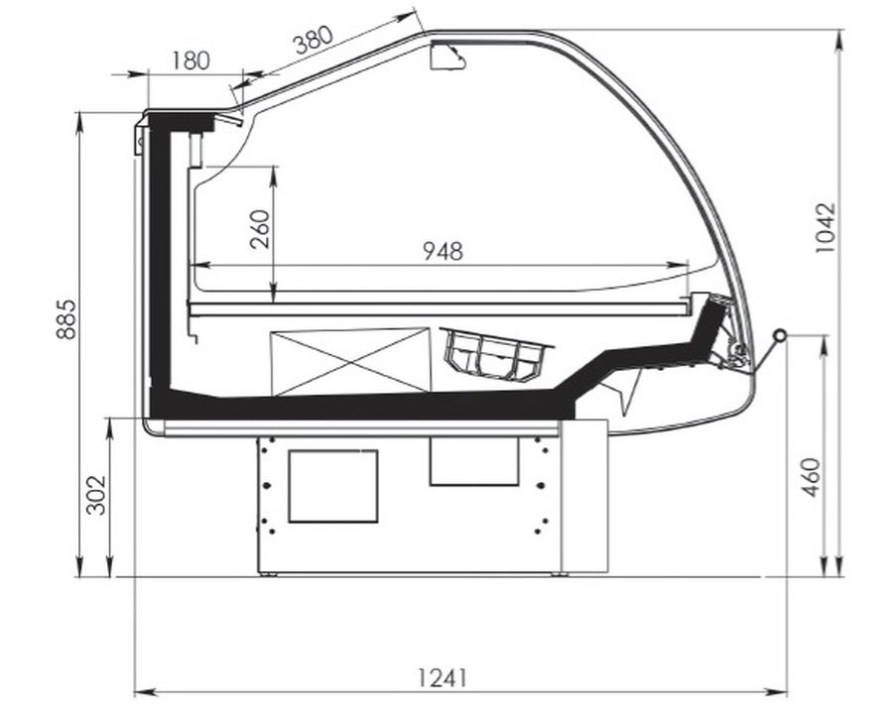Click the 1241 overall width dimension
click(x=443, y=678)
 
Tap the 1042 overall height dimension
click(x=825, y=228)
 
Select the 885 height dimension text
click(x=66, y=319)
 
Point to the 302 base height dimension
click(x=95, y=494)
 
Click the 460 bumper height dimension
click(x=811, y=477)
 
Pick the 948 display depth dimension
click(x=444, y=251)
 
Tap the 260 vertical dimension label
click(x=260, y=229)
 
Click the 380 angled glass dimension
click(x=313, y=40)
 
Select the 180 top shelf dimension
click(x=191, y=60)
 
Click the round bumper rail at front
click(x=779, y=336)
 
